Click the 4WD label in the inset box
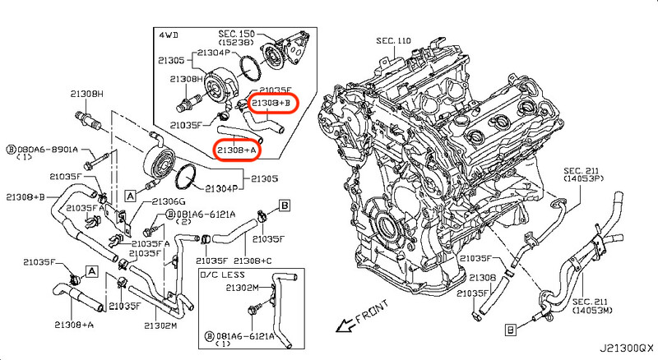pyautogui.click(x=169, y=36)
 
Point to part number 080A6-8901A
pyautogui.click(x=47, y=150)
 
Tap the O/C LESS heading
pyautogui.click(x=223, y=275)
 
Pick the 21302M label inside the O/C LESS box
pyautogui.click(x=242, y=288)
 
